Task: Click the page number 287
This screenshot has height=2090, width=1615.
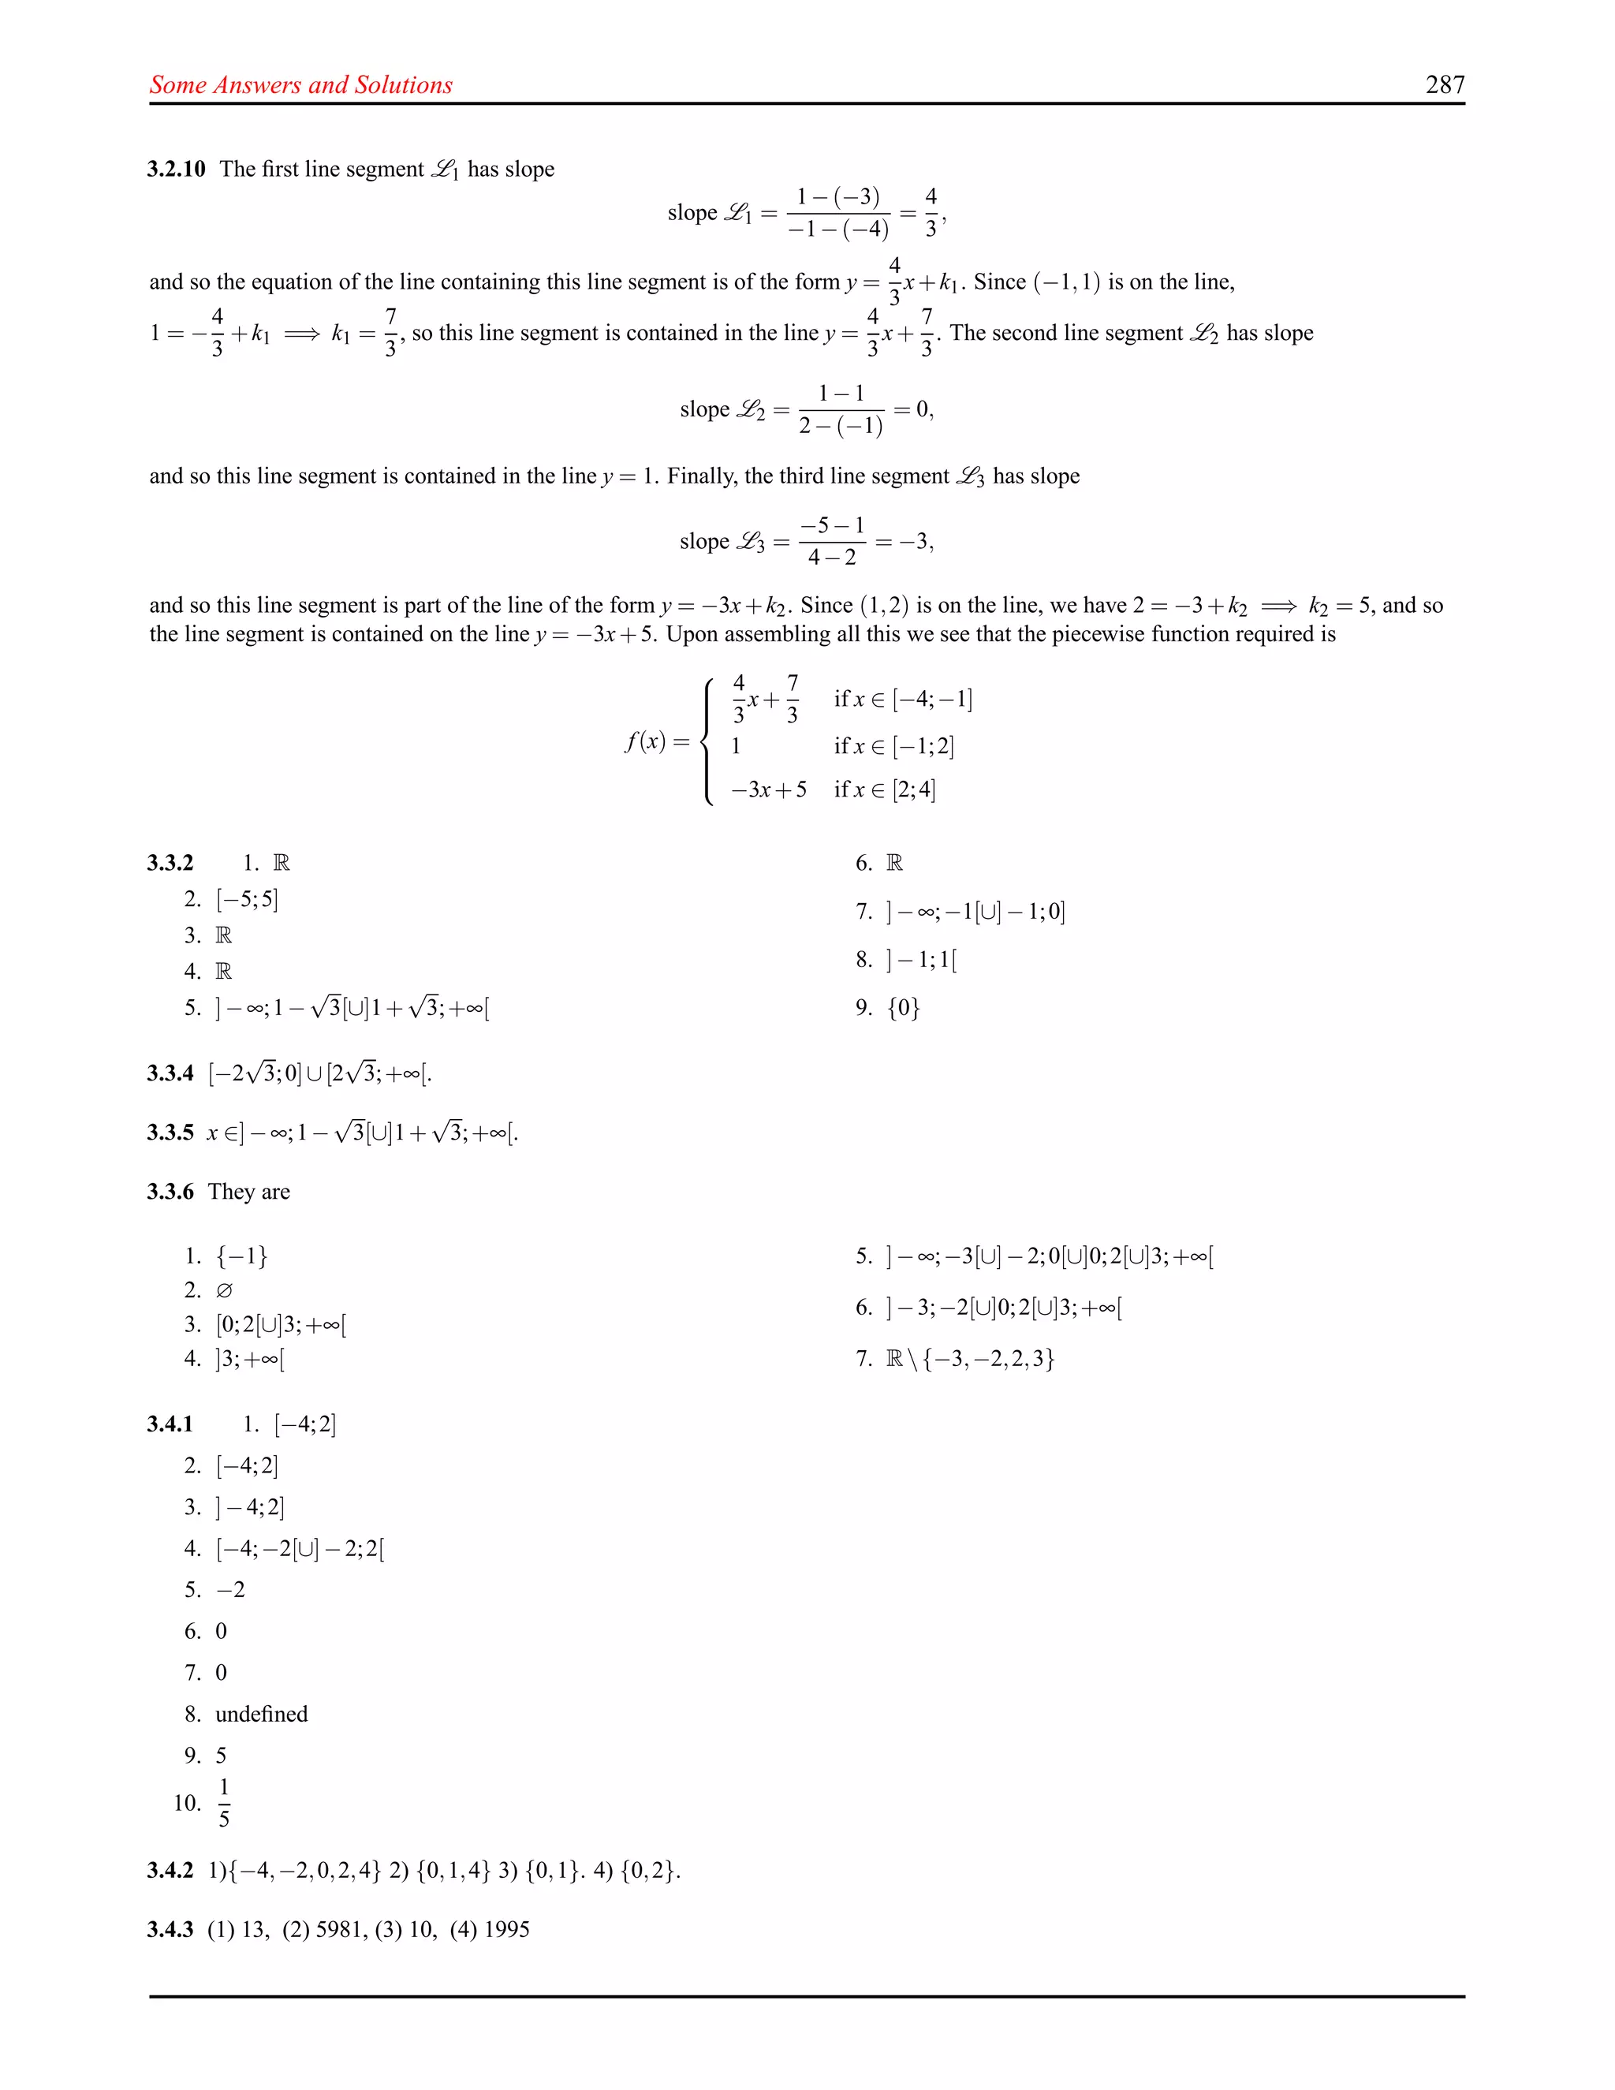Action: pos(1445,85)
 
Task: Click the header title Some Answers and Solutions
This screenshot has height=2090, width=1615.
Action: pos(300,85)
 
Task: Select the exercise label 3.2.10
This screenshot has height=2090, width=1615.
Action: pos(176,170)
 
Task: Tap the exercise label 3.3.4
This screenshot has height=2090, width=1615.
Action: pos(170,1073)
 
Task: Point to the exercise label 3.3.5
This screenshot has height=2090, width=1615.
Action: pos(170,1133)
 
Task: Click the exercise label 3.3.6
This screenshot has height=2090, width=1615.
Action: pos(170,1192)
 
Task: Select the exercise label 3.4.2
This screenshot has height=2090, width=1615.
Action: pos(170,1870)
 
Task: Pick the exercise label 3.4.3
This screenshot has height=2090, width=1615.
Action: pos(170,1929)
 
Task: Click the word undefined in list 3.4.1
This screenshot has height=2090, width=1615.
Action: pos(261,1714)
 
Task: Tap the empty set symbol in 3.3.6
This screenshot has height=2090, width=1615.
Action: pos(224,1291)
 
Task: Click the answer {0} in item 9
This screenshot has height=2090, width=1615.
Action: pos(903,1008)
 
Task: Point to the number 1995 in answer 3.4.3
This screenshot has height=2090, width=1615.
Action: pos(506,1929)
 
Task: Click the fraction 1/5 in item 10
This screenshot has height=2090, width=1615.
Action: pos(224,1803)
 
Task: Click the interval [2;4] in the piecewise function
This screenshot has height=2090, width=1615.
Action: pos(914,789)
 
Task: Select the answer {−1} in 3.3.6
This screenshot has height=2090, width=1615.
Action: pos(241,1256)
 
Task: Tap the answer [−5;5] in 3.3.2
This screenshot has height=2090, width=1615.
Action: pos(247,900)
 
